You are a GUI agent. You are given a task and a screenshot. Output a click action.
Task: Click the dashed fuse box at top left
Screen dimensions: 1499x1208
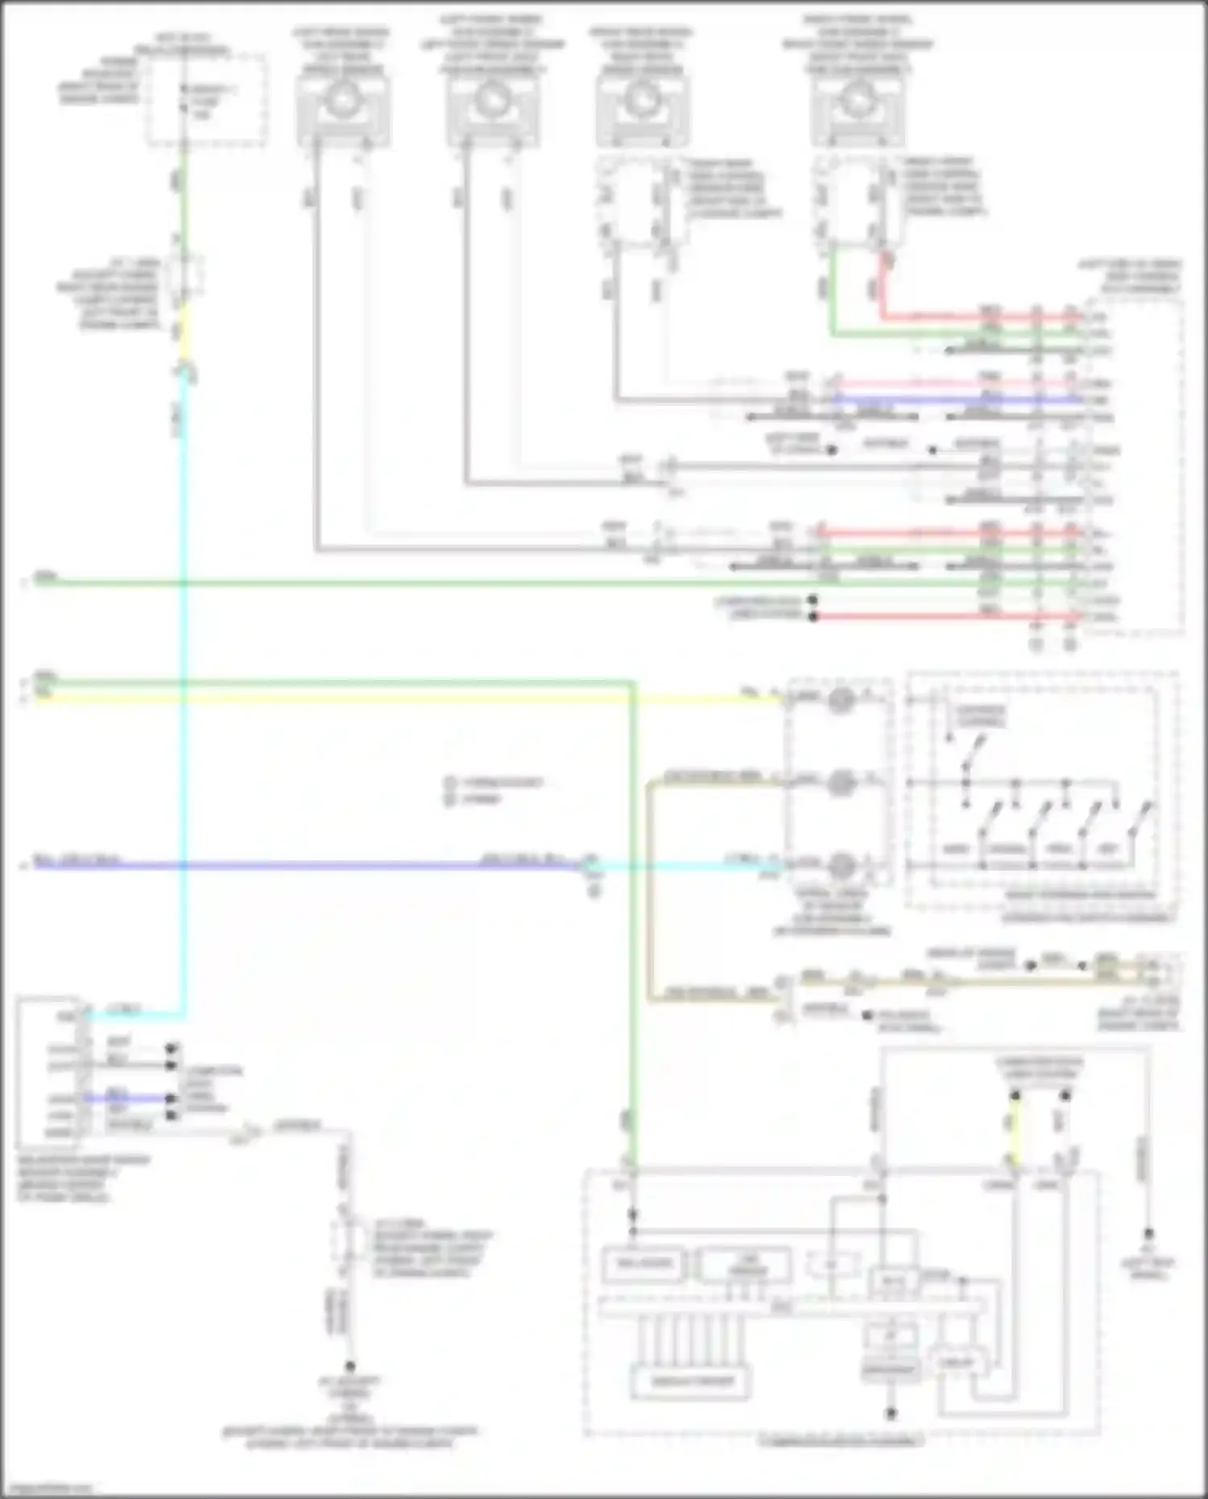click(206, 100)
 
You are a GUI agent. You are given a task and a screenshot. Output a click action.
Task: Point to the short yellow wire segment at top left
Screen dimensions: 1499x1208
click(184, 338)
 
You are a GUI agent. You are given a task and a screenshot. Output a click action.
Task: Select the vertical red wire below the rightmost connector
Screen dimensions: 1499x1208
click(883, 286)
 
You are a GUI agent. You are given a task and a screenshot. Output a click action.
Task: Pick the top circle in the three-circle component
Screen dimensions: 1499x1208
click(841, 699)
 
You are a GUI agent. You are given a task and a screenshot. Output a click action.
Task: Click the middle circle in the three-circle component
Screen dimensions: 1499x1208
click(841, 782)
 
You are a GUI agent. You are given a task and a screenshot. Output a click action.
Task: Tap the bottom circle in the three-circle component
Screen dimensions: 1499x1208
click(841, 865)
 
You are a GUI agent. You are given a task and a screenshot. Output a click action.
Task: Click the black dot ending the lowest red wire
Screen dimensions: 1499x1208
click(813, 617)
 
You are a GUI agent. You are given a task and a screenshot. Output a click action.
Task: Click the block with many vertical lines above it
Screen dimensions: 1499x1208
click(690, 1381)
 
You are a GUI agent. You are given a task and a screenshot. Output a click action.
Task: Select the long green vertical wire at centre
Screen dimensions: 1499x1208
click(633, 926)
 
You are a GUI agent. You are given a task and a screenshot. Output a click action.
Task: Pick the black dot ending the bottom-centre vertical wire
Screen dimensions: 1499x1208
click(350, 1367)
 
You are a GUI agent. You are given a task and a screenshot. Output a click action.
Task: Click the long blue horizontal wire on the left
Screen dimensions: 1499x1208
click(306, 866)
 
